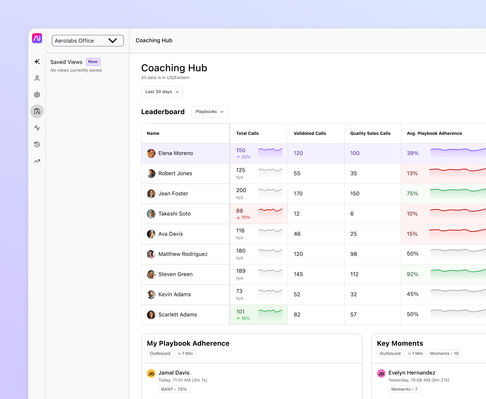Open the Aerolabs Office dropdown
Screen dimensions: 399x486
pyautogui.click(x=88, y=41)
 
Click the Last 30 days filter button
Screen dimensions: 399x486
pyautogui.click(x=162, y=92)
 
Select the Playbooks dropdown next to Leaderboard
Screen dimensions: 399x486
pyautogui.click(x=210, y=112)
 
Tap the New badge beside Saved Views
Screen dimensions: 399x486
pyautogui.click(x=93, y=62)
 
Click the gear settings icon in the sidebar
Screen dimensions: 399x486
pyautogui.click(x=37, y=95)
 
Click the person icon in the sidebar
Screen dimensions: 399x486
pyautogui.click(x=37, y=78)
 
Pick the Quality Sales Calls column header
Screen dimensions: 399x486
pyautogui.click(x=370, y=133)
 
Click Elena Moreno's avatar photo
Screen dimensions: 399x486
pyautogui.click(x=151, y=154)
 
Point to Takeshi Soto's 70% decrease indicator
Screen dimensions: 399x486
pyautogui.click(x=243, y=218)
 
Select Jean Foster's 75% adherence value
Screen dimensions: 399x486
pyautogui.click(x=412, y=194)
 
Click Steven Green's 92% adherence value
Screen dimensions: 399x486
pyautogui.click(x=412, y=274)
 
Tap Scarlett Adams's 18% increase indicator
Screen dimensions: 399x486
pyautogui.click(x=243, y=318)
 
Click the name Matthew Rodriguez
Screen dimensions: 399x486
pyautogui.click(x=183, y=254)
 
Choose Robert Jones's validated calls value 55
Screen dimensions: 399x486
pyautogui.click(x=297, y=173)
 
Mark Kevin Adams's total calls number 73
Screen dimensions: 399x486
pyautogui.click(x=239, y=291)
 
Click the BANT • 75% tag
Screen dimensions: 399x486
pyautogui.click(x=174, y=389)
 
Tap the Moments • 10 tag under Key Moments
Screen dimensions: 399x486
pyautogui.click(x=444, y=353)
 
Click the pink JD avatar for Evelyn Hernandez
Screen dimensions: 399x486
pyautogui.click(x=381, y=374)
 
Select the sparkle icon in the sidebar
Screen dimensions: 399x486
pyautogui.click(x=37, y=62)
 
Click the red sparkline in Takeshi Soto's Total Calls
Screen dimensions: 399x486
pyautogui.click(x=270, y=210)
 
